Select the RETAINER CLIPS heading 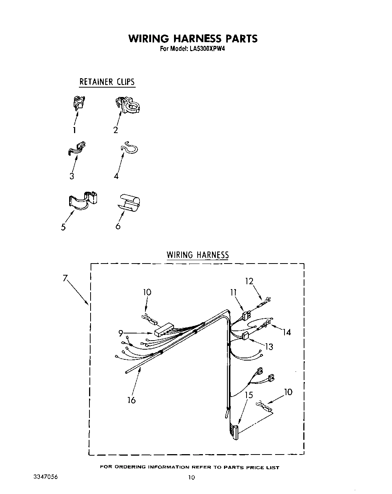107,82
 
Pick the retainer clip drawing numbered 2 129,105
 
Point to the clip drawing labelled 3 77,148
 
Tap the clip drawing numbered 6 129,203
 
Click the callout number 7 65,279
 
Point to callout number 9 121,333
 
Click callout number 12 249,281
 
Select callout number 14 287,332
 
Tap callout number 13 269,347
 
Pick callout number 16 131,400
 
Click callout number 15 249,395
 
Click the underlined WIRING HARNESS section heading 198,255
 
